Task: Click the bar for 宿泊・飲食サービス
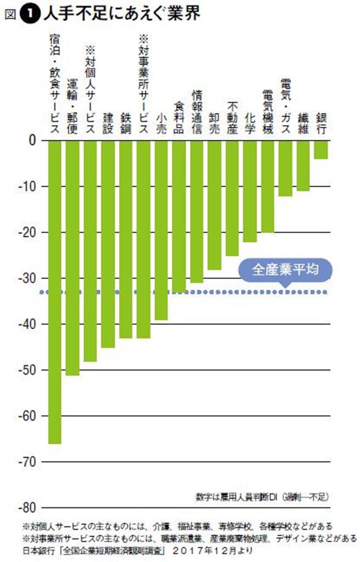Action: (x=55, y=291)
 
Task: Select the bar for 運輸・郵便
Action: (x=72, y=258)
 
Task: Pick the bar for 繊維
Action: (x=303, y=165)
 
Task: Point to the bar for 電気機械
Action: (x=268, y=186)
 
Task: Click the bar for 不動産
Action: (x=232, y=198)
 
